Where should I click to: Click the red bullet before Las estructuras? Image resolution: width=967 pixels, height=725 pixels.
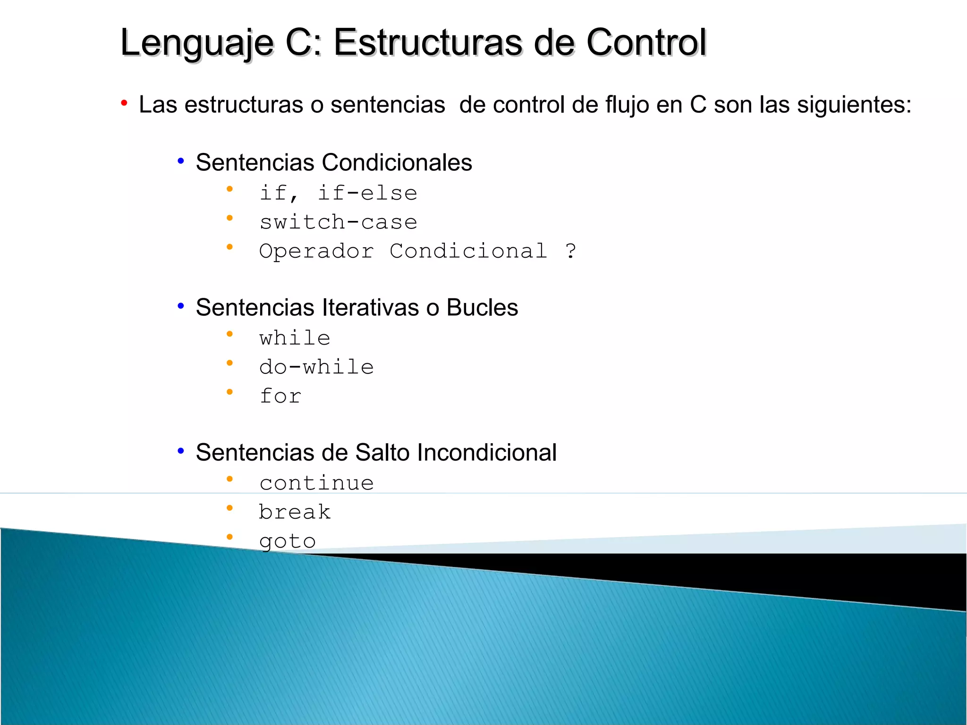pos(124,103)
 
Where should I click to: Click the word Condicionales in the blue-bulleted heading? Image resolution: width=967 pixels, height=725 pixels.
pos(397,163)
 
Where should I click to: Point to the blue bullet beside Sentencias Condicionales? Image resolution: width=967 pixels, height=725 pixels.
pos(180,161)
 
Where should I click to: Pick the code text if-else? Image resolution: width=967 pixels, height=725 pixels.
pos(367,193)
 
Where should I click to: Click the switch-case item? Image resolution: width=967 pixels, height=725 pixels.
pos(338,222)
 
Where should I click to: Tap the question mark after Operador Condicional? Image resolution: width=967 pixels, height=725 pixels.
pos(571,251)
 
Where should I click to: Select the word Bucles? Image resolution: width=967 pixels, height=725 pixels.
pos(482,308)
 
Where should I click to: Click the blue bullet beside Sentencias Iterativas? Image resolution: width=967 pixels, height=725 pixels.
pos(180,306)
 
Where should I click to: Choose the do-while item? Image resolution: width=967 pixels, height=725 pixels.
pos(316,367)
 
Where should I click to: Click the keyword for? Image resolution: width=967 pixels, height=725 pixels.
pos(280,396)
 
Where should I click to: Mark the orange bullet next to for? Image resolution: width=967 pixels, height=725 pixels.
pos(229,392)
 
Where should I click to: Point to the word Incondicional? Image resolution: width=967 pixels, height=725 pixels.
pos(487,453)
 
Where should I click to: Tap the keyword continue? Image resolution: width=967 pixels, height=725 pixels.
pos(316,483)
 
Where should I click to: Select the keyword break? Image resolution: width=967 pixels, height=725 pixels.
pos(295,512)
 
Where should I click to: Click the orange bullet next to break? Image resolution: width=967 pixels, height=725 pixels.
pos(229,508)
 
